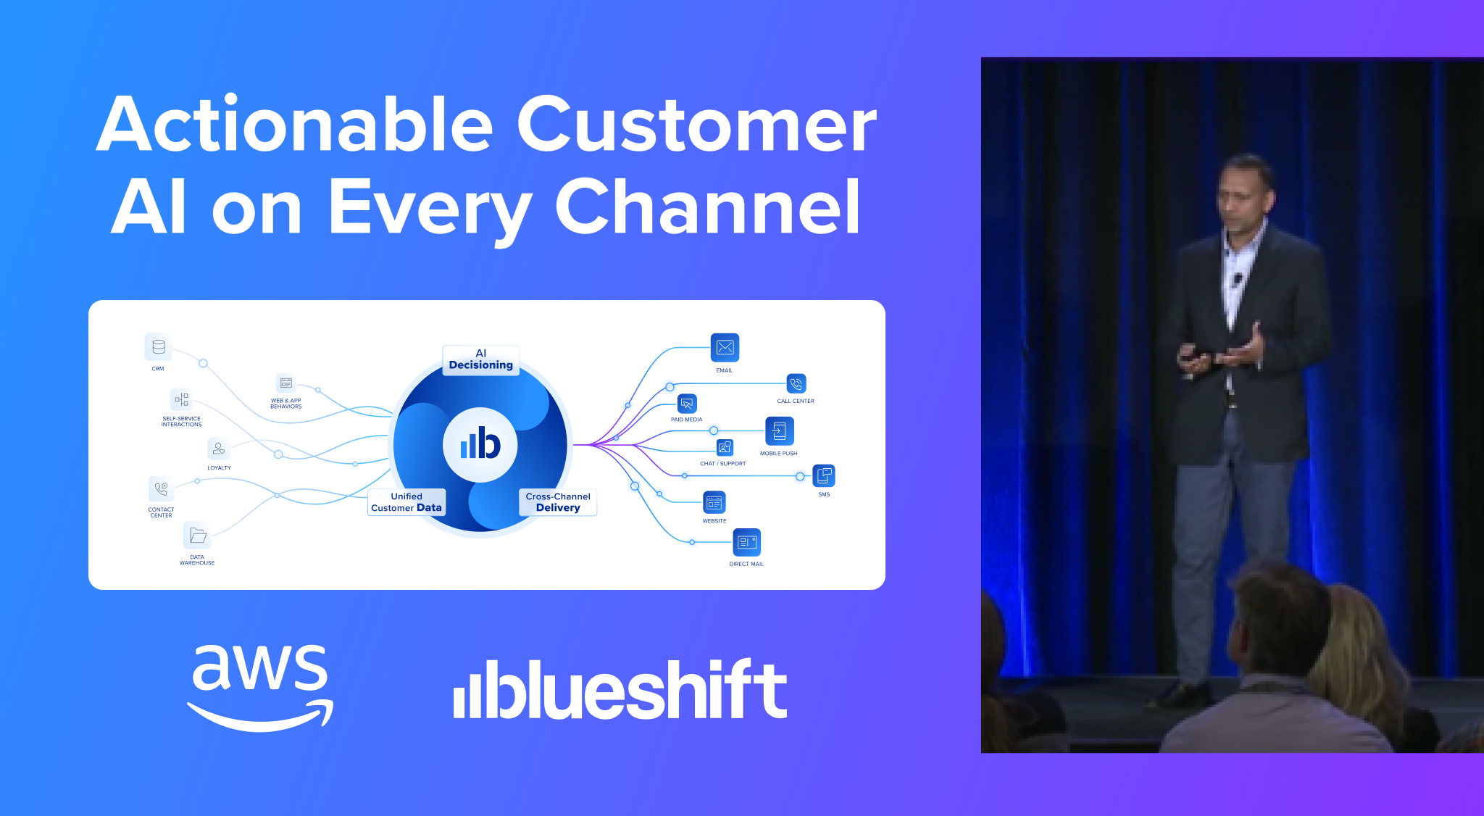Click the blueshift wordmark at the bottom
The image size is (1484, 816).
620,689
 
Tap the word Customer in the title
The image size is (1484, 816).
696,125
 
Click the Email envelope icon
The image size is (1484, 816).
725,348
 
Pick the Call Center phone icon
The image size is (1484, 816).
796,384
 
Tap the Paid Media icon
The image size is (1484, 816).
687,404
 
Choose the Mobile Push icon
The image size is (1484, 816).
779,431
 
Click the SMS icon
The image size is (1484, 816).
824,476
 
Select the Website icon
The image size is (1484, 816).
714,502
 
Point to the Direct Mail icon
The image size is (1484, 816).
746,542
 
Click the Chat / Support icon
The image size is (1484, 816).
725,448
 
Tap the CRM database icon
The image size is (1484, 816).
158,347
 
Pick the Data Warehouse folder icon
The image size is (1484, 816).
197,536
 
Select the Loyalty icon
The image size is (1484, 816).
219,449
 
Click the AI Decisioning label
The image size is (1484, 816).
480,359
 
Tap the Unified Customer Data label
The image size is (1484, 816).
407,502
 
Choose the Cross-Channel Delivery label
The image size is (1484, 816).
558,502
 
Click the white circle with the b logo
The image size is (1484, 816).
480,444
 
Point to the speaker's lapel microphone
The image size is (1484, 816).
1237,278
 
